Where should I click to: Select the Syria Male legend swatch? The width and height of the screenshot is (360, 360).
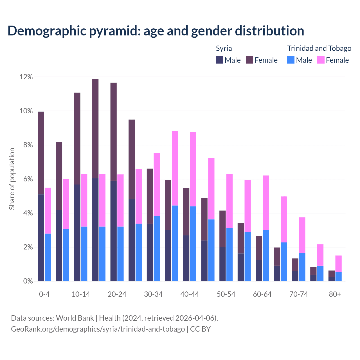(219, 60)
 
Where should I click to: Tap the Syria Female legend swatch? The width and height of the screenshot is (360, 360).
(249, 60)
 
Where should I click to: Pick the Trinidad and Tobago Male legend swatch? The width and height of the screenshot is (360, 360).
(291, 60)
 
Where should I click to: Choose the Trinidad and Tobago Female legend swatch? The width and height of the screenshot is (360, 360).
(321, 60)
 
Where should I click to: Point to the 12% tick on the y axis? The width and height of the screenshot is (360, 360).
(26, 77)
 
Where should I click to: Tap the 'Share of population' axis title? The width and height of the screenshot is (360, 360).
(12, 179)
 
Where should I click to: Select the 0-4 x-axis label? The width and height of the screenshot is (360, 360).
(44, 294)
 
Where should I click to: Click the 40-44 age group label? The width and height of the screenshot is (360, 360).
(190, 294)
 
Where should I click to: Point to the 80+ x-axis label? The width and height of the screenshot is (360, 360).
(335, 294)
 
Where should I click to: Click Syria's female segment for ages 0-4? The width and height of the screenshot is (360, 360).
(41, 153)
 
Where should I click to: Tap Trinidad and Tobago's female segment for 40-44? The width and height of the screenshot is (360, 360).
(193, 169)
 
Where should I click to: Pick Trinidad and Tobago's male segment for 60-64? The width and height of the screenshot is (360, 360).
(266, 256)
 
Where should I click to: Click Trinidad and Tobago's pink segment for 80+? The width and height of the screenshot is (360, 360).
(338, 264)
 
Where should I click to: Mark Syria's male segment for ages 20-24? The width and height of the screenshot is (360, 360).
(113, 231)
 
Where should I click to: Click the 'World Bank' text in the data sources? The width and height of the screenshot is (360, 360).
(75, 318)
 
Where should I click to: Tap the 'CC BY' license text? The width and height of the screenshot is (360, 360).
(200, 329)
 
